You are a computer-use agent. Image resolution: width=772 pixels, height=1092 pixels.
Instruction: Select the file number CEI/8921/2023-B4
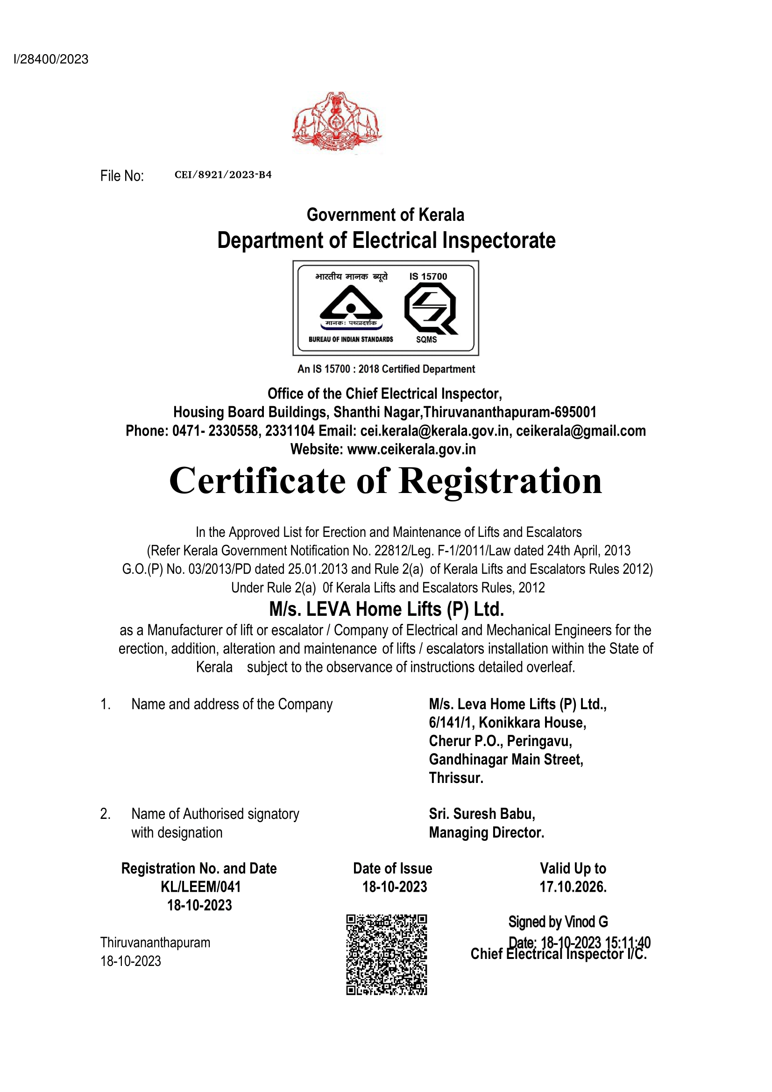[223, 175]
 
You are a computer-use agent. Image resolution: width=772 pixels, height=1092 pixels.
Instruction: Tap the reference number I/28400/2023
[51, 59]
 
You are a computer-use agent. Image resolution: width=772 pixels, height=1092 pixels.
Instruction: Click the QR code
[386, 954]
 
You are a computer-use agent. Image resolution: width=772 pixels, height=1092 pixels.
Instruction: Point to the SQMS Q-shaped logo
[430, 308]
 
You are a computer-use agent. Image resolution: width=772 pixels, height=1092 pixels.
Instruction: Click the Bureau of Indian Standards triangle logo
[351, 304]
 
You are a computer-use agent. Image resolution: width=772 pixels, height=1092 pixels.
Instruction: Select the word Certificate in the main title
[257, 481]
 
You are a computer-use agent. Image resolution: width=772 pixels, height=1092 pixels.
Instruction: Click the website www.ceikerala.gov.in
[411, 449]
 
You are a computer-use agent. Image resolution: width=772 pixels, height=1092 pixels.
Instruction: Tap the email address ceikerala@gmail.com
[581, 431]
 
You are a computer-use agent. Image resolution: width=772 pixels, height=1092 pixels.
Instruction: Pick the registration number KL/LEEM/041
[201, 887]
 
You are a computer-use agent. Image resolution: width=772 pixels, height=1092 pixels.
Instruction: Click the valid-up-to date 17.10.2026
[573, 887]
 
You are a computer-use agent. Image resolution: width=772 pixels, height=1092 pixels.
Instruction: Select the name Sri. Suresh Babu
[482, 814]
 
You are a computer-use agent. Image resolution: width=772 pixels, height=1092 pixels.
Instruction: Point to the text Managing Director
[486, 832]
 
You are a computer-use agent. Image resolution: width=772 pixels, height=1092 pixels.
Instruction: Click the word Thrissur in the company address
[456, 778]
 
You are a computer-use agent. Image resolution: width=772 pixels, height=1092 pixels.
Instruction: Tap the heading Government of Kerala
[385, 215]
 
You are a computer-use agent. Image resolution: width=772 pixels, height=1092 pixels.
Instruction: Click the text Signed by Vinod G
[558, 922]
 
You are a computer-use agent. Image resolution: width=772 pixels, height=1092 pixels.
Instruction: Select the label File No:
[122, 176]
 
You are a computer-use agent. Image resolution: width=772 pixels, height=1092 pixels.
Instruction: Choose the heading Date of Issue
[392, 868]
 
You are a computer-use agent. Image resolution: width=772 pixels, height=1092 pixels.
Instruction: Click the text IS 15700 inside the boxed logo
[428, 276]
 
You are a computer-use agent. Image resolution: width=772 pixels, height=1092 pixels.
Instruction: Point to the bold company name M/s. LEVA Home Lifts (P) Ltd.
[386, 609]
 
